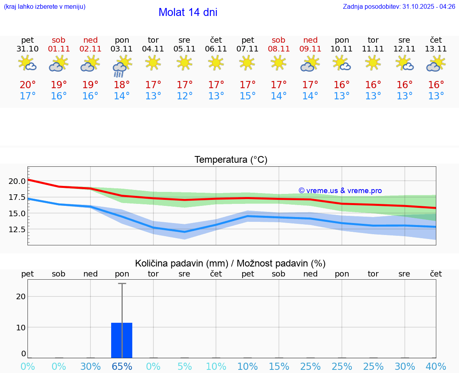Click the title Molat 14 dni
[188, 12]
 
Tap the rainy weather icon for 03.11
[122, 66]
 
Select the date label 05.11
[184, 49]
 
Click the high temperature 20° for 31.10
[27, 85]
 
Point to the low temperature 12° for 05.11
[184, 96]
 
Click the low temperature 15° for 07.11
[247, 96]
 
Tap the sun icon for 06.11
[216, 62]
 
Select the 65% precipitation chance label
[122, 367]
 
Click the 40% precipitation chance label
[436, 367]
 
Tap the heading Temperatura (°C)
[231, 160]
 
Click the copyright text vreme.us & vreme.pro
[340, 191]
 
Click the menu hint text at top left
[45, 7]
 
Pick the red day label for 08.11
[279, 40]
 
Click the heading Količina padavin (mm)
[181, 263]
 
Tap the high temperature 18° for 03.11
[122, 85]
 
